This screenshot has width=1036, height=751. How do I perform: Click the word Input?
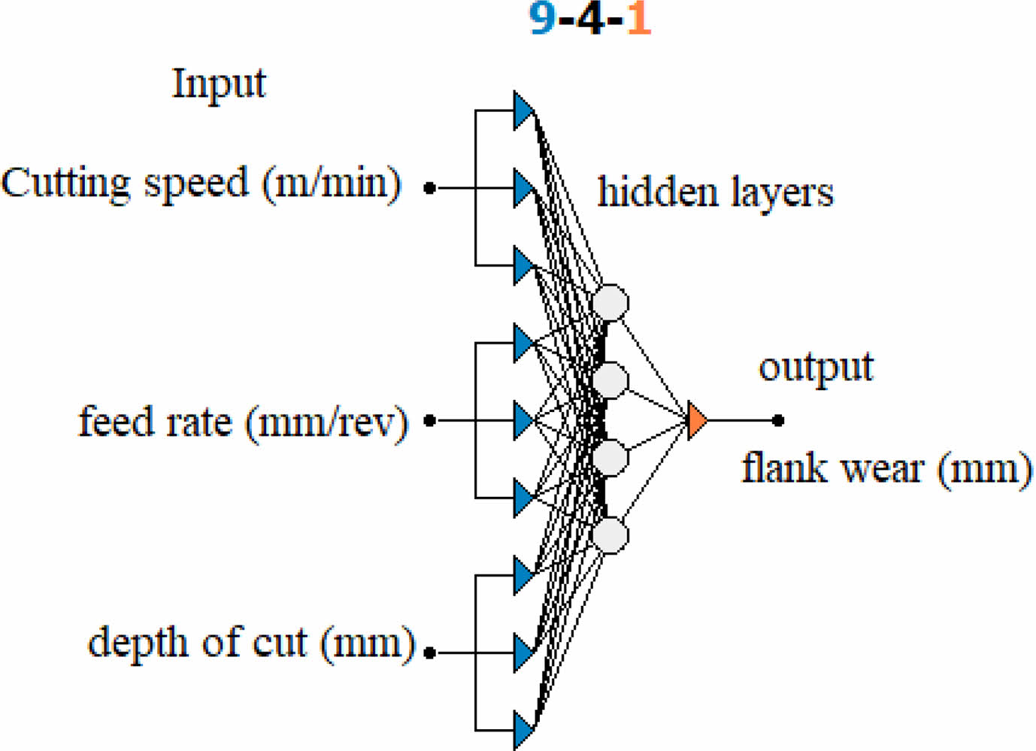[219, 84]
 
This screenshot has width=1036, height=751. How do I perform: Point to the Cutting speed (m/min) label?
[201, 184]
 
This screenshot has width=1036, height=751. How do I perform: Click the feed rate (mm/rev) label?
[243, 422]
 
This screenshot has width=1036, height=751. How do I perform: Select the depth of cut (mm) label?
[251, 643]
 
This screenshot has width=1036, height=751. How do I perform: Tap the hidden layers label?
[715, 192]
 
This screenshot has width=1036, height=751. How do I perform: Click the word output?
[816, 368]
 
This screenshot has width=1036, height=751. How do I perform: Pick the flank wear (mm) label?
[886, 469]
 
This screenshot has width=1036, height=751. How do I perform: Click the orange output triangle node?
[696, 421]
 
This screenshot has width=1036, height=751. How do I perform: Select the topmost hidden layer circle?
[610, 303]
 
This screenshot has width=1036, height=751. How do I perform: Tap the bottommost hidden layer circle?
[610, 535]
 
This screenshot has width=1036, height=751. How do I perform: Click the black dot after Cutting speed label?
[430, 188]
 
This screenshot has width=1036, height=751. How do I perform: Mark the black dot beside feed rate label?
[430, 421]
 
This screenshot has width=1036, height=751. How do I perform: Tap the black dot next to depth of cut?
[430, 653]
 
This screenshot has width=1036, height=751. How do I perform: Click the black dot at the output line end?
[778, 421]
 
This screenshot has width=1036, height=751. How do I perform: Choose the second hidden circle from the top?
[610, 380]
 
